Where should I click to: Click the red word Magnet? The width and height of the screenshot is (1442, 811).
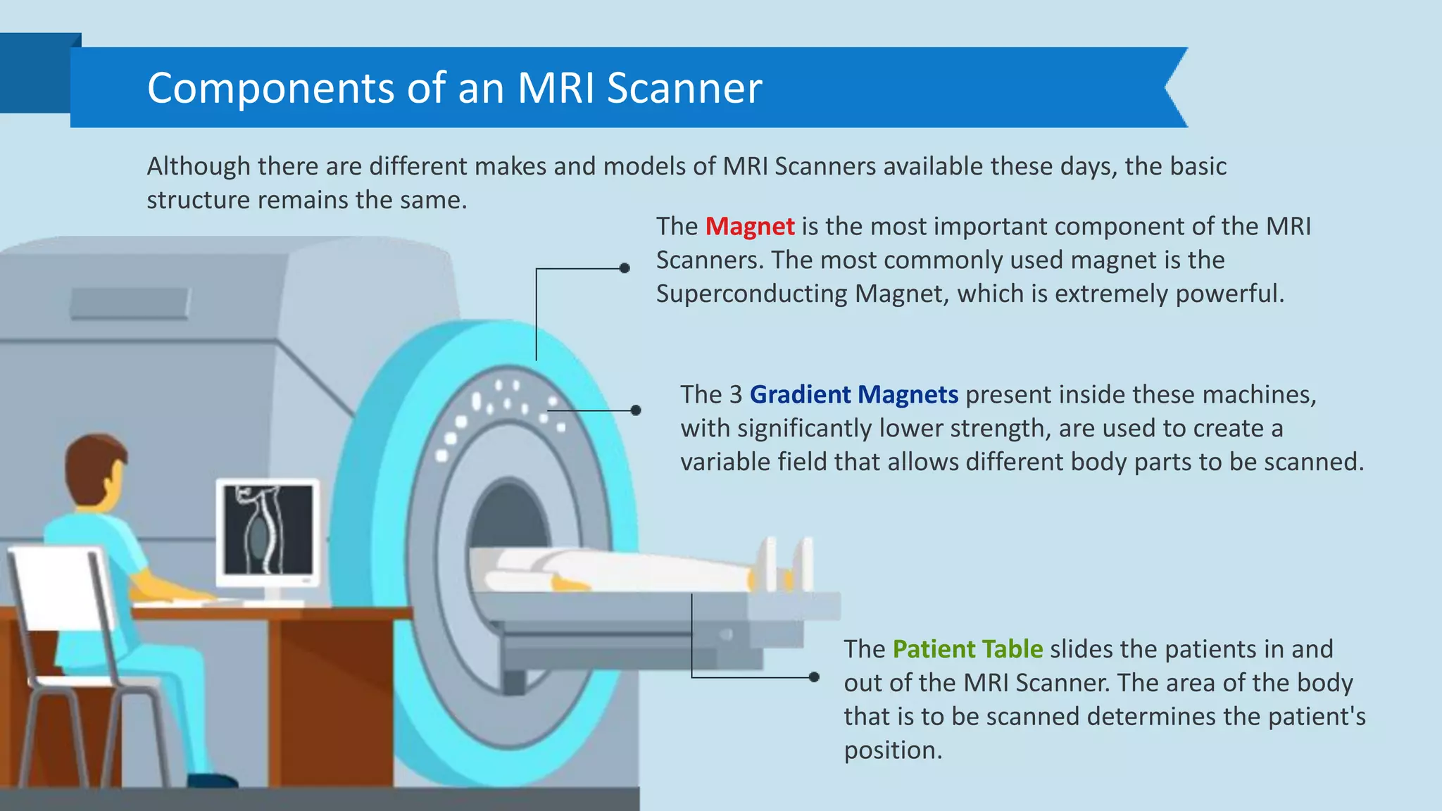point(750,227)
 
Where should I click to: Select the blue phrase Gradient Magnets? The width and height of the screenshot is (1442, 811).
point(853,395)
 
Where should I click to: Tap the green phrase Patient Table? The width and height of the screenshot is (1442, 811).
point(967,649)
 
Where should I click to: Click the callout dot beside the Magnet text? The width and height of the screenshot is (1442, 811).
point(625,268)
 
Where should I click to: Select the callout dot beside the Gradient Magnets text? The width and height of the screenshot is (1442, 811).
point(636,410)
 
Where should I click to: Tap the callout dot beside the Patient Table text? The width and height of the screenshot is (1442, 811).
point(814,677)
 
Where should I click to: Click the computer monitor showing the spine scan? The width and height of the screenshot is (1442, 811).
point(268,532)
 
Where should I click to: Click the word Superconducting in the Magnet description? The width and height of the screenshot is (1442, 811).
point(751,294)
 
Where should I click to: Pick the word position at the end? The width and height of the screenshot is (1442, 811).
point(892,750)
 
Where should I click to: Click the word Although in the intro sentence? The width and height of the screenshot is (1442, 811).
point(198,167)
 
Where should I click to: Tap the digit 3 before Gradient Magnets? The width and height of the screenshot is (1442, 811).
point(735,395)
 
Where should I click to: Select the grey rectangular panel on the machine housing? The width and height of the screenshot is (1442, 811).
point(130,303)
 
